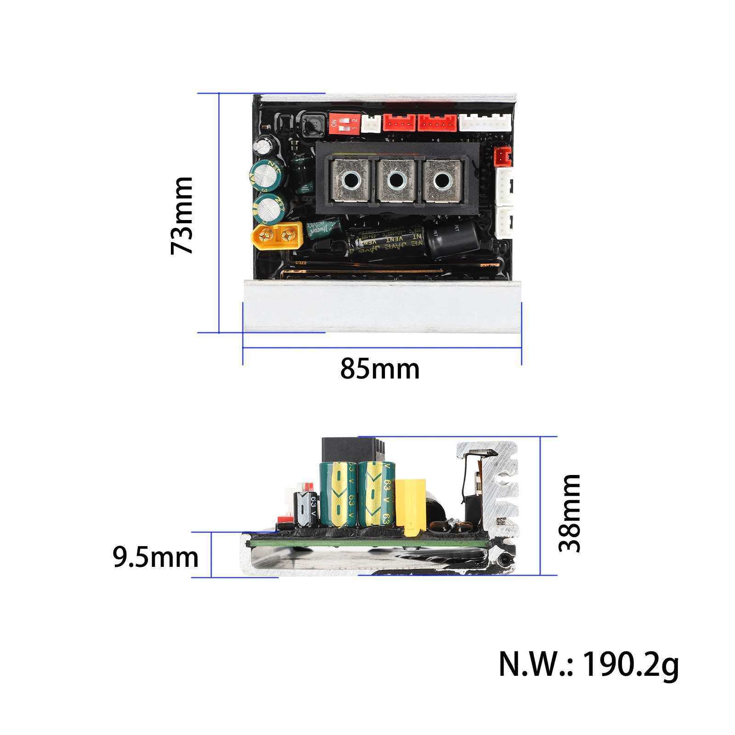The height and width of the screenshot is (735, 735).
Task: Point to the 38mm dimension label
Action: click(x=570, y=513)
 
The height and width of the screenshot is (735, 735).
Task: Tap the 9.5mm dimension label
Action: click(x=156, y=557)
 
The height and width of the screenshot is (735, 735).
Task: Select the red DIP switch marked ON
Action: click(x=344, y=124)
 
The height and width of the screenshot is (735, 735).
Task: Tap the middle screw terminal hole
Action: click(x=396, y=181)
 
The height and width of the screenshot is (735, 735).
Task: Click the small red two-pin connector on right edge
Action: click(x=502, y=157)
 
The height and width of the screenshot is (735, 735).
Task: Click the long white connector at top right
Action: click(x=484, y=123)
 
